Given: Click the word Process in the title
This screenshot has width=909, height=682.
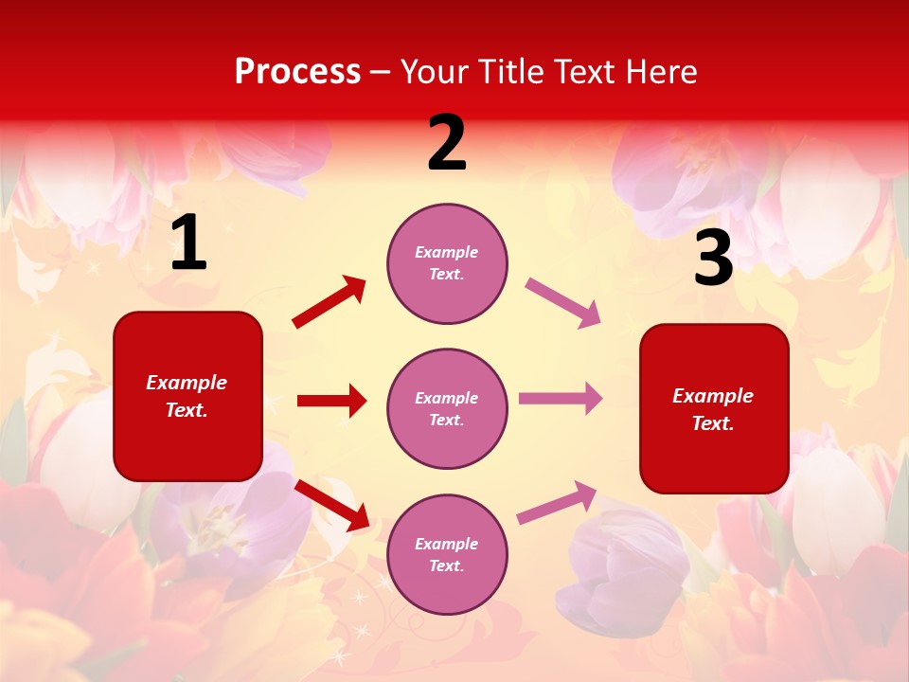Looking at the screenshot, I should coord(297,72).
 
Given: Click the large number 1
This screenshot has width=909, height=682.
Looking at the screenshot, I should coord(187,243).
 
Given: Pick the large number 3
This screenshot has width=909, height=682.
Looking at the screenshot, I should coord(713,259).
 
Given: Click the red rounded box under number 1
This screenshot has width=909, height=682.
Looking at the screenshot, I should coord(187,396).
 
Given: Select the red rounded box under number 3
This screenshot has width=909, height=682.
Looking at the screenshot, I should coord(714,408).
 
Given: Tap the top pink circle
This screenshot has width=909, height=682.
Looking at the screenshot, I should coord(447,262).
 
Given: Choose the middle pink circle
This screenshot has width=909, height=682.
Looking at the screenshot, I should coord(447,408).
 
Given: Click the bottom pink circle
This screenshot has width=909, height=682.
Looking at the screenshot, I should coord(447,554).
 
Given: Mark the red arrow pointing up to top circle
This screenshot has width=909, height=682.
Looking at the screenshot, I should coord(330,302).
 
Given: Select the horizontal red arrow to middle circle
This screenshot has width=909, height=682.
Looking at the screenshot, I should coord(331,401).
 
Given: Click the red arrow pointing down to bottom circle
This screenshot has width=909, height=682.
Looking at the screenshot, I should coord(331,505).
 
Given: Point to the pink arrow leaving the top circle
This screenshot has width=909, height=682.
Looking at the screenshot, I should coord(563,303).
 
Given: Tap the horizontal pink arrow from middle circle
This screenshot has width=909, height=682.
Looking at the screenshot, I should coord(561,399).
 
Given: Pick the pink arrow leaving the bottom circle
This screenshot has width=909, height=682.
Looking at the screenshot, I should coord(557,502).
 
